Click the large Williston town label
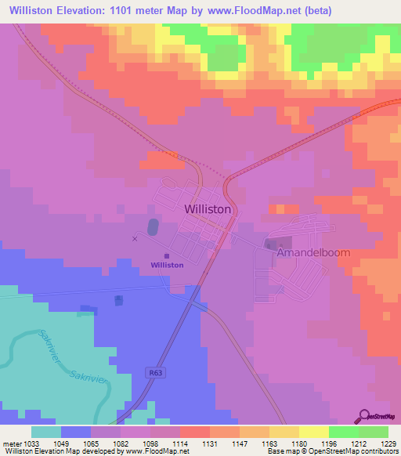(208, 209)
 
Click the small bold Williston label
(168, 265)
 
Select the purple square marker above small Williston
(167, 255)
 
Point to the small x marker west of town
(135, 238)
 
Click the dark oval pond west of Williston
(153, 227)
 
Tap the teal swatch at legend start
(46, 432)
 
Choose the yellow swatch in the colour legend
(313, 432)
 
